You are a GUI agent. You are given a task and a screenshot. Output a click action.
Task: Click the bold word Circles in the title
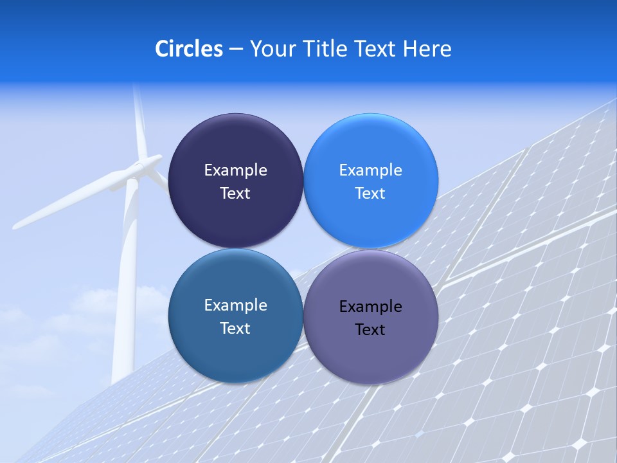click(x=188, y=49)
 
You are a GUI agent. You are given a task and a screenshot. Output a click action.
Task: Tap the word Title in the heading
click(x=326, y=49)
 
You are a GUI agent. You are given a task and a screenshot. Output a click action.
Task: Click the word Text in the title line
click(x=377, y=49)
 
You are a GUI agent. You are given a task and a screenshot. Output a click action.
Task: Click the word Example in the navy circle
click(x=235, y=170)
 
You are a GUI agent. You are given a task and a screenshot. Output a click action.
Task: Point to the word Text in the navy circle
click(x=235, y=194)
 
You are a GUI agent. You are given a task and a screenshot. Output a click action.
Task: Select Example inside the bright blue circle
click(x=370, y=170)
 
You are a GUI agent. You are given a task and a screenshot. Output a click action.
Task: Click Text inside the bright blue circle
click(x=370, y=194)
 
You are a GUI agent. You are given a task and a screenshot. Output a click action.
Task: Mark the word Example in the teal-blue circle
click(x=235, y=305)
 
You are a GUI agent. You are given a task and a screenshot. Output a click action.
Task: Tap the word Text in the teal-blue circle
click(x=235, y=329)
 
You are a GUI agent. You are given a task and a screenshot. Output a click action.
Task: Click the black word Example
click(x=370, y=307)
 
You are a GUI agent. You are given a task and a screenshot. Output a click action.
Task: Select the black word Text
click(x=370, y=330)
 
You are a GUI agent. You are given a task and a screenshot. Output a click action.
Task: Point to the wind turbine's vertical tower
click(x=126, y=289)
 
